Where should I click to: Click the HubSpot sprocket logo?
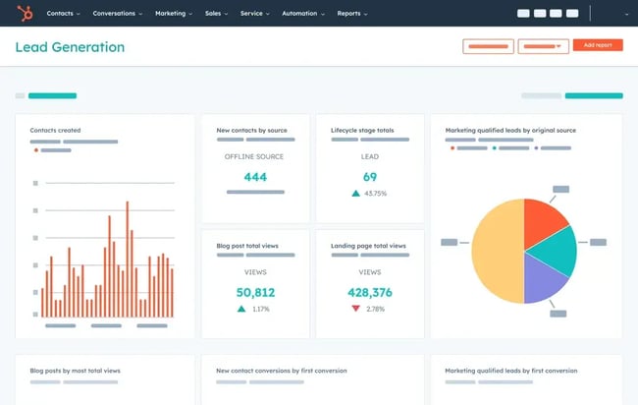click(x=25, y=14)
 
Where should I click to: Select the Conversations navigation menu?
click(x=117, y=14)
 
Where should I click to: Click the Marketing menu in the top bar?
click(x=172, y=14)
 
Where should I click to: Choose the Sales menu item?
click(x=215, y=14)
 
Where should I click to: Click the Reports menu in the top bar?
click(x=351, y=14)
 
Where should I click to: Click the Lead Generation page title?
click(x=70, y=47)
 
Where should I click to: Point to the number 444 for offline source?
click(x=255, y=177)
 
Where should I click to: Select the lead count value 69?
click(x=370, y=177)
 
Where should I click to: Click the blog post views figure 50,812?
click(x=255, y=292)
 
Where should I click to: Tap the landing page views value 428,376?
click(x=370, y=292)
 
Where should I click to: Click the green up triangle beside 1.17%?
click(x=240, y=309)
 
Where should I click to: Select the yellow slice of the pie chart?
click(x=497, y=251)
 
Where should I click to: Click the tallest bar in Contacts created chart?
click(x=127, y=260)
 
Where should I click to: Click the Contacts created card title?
click(x=55, y=130)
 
